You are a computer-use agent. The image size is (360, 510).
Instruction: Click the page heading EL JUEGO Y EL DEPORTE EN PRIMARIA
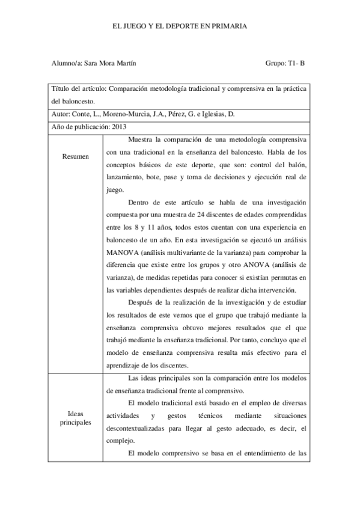[x=180, y=26]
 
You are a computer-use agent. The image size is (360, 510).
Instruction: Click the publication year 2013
[x=119, y=126]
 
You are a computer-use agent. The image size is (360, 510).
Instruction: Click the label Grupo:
[x=275, y=63]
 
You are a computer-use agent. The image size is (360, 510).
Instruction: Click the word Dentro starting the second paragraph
[x=139, y=203]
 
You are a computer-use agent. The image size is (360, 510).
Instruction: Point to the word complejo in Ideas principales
[x=118, y=441]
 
